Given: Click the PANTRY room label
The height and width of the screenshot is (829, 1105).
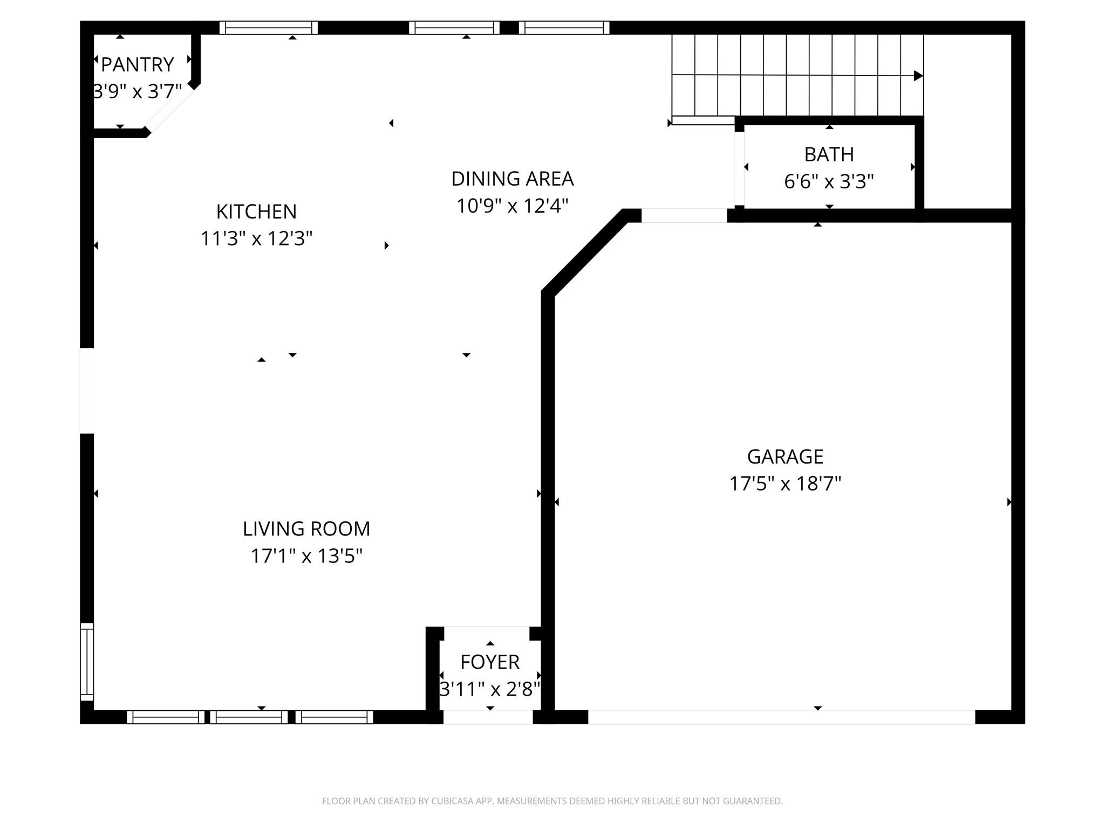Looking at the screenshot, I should point(137,65).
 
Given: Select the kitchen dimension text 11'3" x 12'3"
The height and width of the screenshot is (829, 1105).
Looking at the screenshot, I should point(256,238).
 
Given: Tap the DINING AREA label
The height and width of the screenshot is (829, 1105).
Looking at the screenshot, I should point(512,179).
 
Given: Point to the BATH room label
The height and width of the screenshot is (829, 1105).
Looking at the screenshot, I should point(829,155).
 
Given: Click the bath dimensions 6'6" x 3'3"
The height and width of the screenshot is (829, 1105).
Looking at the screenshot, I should point(829,181).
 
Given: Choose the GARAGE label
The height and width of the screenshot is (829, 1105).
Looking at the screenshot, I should point(785,457).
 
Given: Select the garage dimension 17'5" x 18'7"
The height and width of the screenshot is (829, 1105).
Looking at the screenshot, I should point(785,484).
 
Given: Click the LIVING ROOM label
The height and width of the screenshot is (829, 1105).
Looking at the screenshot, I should point(306,529).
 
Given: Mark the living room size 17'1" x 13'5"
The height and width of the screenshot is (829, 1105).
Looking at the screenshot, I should point(306,556).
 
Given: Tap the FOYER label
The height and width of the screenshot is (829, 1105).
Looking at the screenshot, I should point(489,662).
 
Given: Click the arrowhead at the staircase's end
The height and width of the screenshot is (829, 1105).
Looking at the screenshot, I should point(918,76).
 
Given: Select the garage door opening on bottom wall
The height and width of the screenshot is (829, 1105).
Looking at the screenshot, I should point(781,717).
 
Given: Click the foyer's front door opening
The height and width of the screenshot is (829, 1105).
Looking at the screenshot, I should point(488,717).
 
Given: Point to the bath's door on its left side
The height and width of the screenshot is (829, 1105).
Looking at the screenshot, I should point(739,168).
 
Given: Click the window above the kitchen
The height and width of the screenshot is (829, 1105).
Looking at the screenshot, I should point(269,28).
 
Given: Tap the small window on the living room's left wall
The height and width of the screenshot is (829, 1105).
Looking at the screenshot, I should point(87,661).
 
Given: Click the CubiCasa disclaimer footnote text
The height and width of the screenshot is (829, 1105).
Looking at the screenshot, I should point(552,801).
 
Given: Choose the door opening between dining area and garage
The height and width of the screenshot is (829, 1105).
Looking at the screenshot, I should point(684,215).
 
